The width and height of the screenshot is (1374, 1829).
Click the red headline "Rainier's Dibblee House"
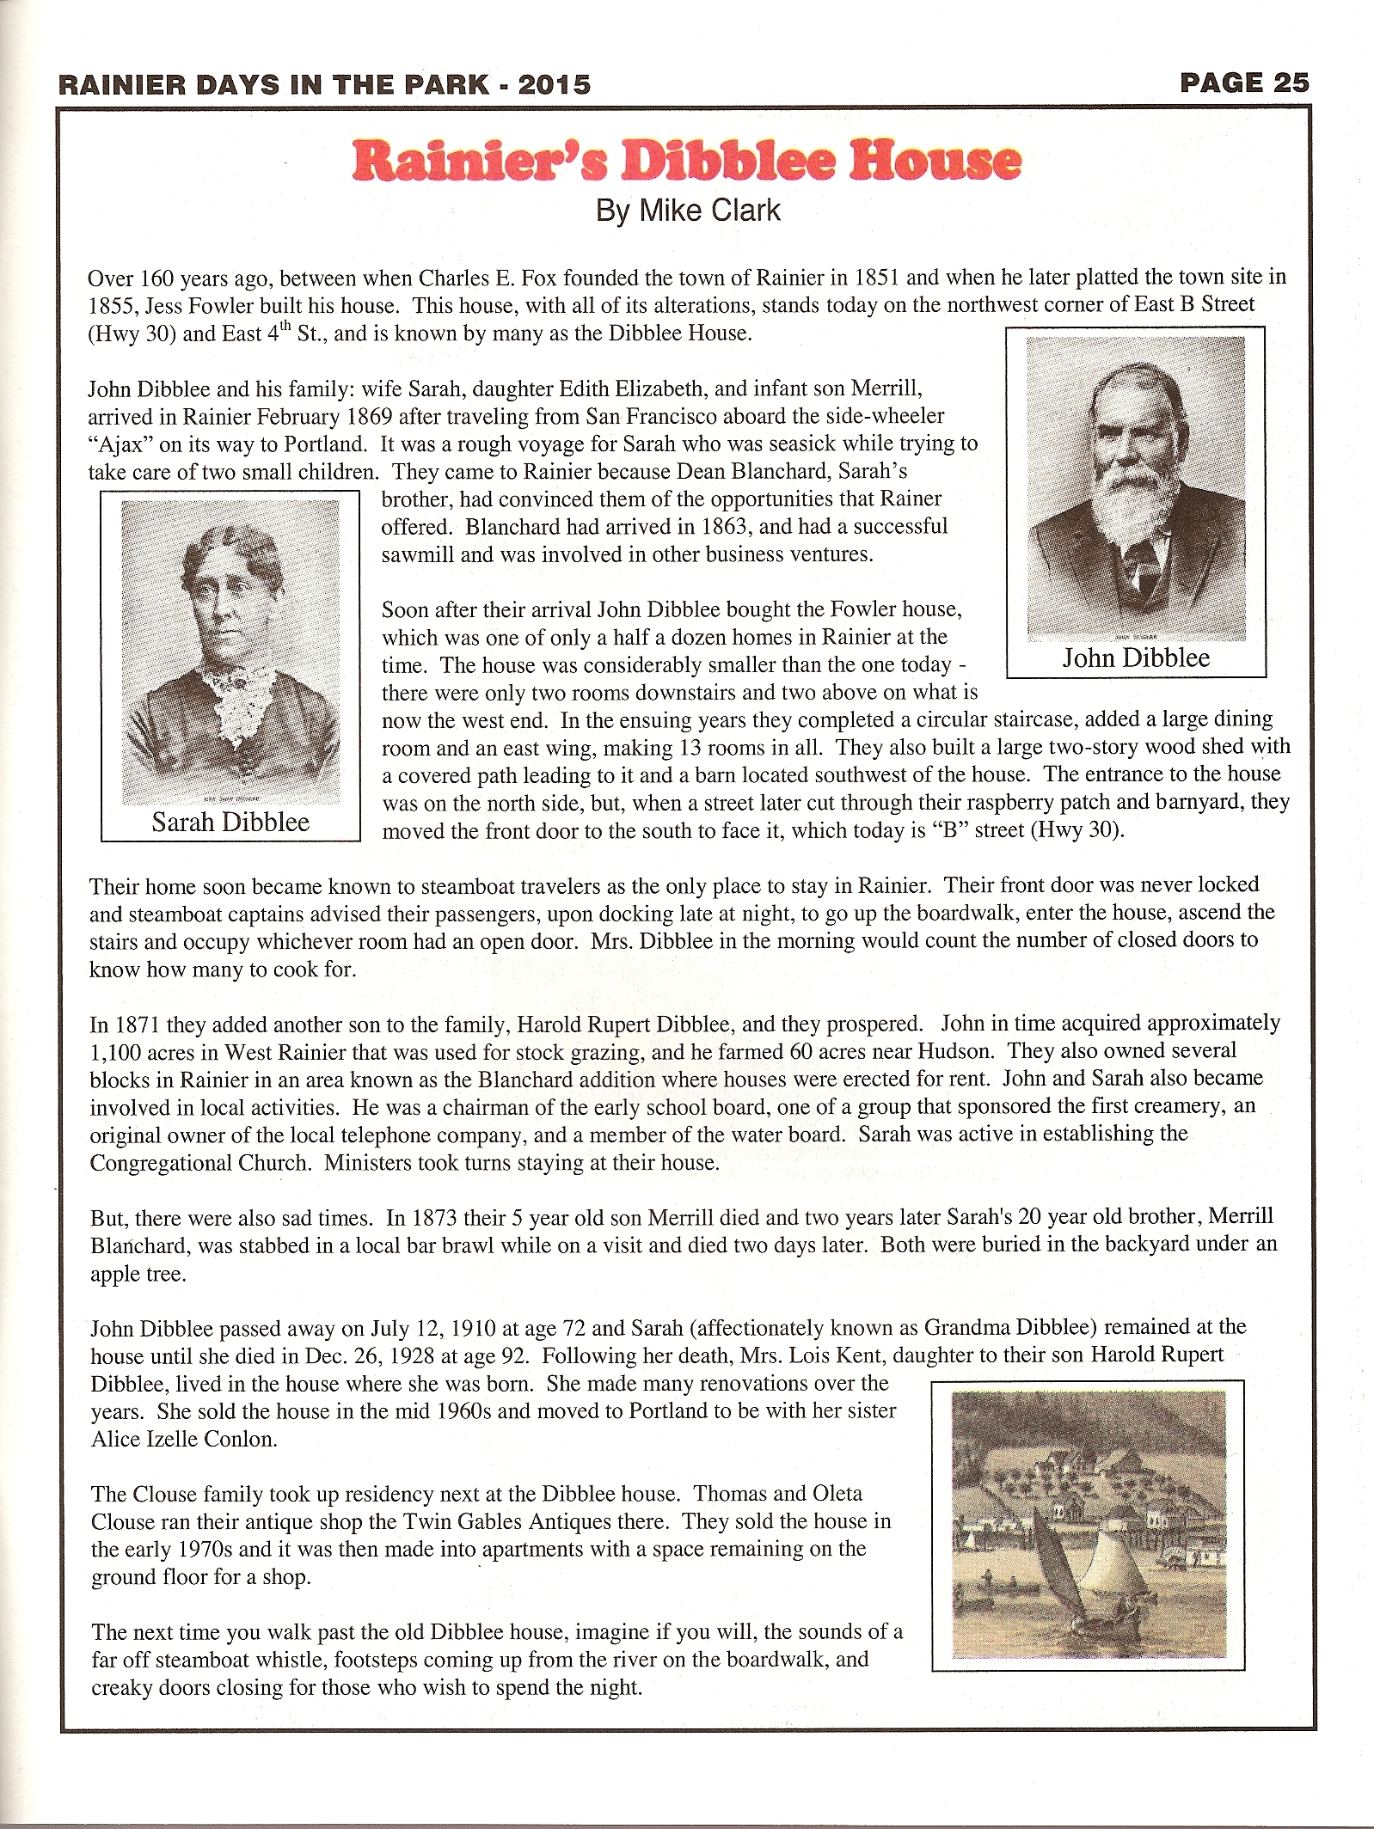tap(686, 161)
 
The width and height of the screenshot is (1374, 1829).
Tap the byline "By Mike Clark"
tap(688, 211)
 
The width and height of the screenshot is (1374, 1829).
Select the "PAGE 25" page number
tap(1244, 83)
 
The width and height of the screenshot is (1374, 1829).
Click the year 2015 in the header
tap(555, 84)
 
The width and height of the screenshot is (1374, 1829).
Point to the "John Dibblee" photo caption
tap(1135, 658)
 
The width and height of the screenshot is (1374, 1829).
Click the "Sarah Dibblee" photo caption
tap(230, 823)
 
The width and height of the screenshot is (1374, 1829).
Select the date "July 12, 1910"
tap(420, 1329)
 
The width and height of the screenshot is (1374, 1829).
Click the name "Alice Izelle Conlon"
tap(184, 1439)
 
